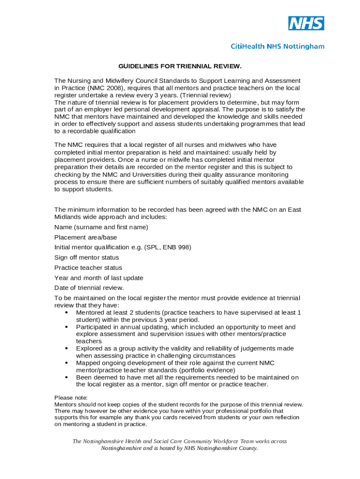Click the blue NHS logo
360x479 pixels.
pos(306,23)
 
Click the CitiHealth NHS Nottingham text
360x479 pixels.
pos(278,46)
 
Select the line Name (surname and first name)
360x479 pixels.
pos(101,227)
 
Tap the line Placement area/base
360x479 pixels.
pos(86,237)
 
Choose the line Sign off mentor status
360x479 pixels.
pos(86,257)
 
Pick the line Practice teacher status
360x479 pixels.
pos(88,268)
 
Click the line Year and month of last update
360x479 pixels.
pos(99,278)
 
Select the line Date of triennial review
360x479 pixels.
pos(89,288)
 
